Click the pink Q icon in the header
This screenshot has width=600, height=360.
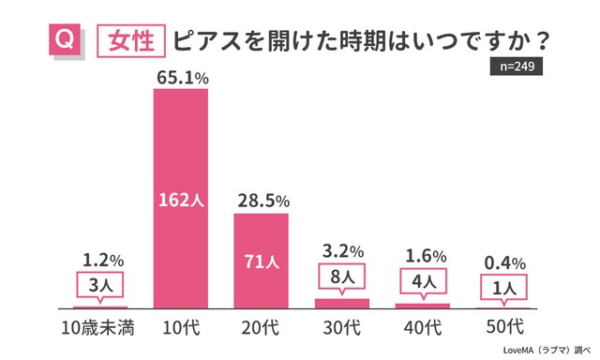(63, 42)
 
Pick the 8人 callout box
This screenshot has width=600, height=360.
(341, 277)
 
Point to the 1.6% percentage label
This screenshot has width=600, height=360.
(422, 256)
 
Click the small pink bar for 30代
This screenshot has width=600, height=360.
(341, 304)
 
